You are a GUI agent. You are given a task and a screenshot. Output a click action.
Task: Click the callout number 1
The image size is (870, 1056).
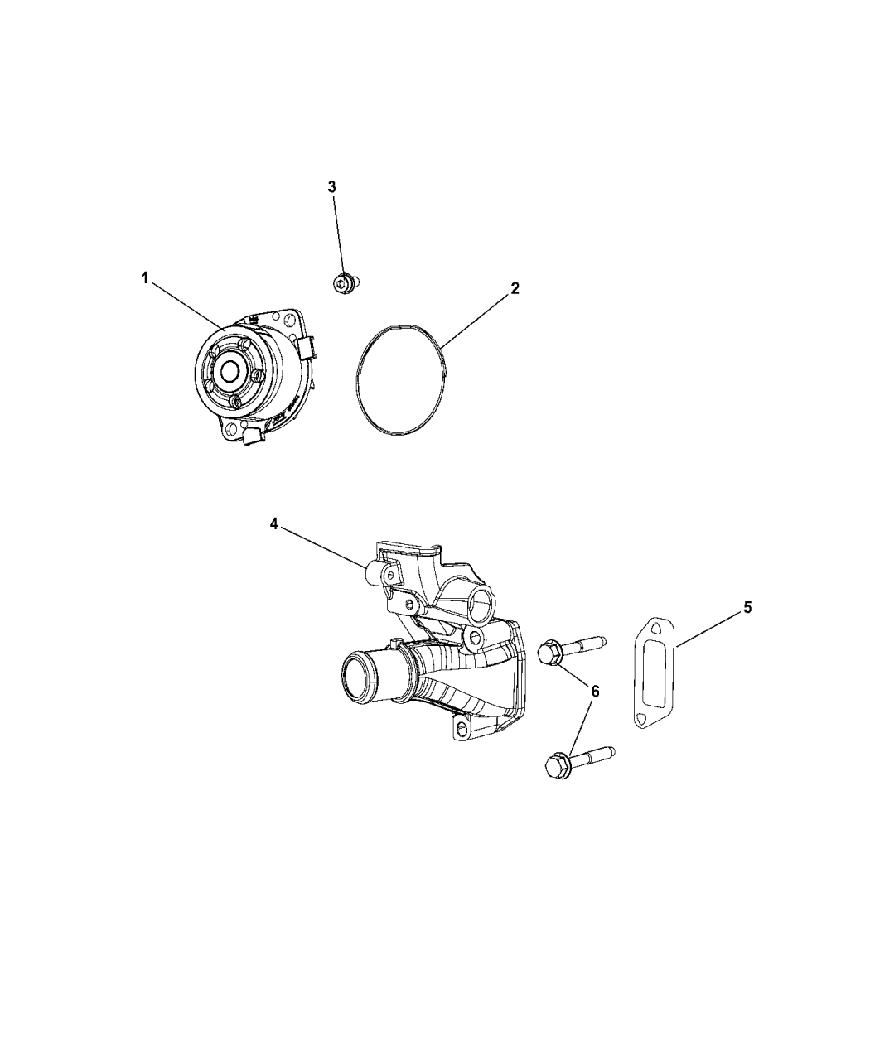(144, 279)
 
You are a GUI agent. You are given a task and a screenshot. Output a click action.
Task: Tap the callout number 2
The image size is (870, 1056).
(515, 288)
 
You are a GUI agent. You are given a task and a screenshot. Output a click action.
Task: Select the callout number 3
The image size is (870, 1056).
(332, 187)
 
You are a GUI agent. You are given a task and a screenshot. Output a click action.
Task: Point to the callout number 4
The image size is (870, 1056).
(274, 524)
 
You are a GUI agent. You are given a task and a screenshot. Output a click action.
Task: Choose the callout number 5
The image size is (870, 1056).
(747, 608)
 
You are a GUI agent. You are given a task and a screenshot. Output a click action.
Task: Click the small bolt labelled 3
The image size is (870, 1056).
(342, 285)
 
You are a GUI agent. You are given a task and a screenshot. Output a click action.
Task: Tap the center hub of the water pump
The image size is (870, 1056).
(228, 372)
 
